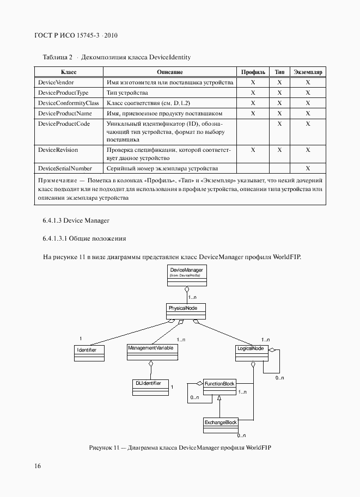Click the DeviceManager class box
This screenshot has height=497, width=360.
point(186,273)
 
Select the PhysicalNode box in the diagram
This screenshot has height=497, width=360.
point(186,311)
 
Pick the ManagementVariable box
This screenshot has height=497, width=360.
point(152,351)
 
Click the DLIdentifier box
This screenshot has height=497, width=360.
point(150,386)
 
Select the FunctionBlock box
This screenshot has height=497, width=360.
point(219,387)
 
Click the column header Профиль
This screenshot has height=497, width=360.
point(253,72)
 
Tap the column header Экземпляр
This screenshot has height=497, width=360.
point(308,72)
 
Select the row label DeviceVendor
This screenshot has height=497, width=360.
point(56,82)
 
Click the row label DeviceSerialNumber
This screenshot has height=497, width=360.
point(64,168)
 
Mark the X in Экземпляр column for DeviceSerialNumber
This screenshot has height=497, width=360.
point(308,168)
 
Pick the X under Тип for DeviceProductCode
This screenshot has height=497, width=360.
point(279,124)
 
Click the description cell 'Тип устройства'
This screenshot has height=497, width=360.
point(127,93)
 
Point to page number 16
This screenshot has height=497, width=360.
point(37,466)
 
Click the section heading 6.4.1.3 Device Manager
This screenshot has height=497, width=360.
point(76,220)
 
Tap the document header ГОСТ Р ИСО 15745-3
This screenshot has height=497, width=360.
point(76,35)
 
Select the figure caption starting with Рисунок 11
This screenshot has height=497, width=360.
point(180,447)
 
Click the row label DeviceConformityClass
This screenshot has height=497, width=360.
point(68,103)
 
